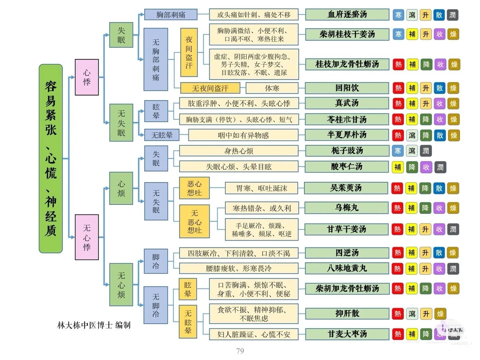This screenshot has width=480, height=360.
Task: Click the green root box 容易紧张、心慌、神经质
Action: click(51, 158)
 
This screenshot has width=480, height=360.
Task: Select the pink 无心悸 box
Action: click(87, 237)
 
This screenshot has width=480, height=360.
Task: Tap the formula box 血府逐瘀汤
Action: click(347, 15)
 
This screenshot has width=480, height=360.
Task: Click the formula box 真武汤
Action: click(347, 103)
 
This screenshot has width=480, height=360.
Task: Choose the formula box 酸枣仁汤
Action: click(347, 166)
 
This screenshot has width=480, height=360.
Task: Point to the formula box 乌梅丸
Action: click(347, 208)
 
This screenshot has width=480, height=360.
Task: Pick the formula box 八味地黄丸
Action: click(347, 268)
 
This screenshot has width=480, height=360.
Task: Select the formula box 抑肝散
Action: click(347, 314)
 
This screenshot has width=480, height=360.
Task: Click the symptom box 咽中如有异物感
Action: click(243, 135)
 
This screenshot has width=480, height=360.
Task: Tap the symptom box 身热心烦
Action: click(239, 151)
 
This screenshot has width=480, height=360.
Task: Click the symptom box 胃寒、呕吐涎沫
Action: click(261, 188)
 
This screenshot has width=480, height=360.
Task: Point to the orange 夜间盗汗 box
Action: click(189, 52)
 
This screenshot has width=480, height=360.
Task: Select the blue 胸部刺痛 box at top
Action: click(171, 15)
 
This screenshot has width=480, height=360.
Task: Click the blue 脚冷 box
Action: click(156, 261)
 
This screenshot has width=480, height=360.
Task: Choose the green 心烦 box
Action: click(121, 188)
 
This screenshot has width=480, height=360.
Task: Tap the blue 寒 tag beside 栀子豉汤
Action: click(398, 151)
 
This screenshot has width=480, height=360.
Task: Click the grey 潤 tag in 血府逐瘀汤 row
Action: click(452, 15)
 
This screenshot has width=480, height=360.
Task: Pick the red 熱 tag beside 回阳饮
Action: click(398, 88)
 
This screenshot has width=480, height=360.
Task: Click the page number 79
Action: click(240, 351)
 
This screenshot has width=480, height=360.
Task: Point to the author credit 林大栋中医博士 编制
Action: click(94, 325)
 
